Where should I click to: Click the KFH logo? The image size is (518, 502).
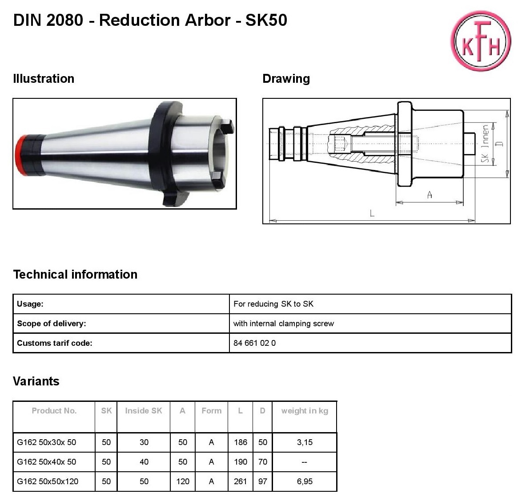coord(481,40)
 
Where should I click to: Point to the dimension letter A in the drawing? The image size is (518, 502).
coord(430,195)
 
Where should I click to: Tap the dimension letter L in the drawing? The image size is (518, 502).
coord(372,213)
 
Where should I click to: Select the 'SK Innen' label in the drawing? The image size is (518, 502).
coord(485,143)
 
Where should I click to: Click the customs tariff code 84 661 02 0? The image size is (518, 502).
coord(254,343)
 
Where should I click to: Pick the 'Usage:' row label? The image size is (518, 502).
coord(30,304)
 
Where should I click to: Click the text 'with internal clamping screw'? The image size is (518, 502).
coord(283,324)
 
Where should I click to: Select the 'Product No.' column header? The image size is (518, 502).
coord(54,411)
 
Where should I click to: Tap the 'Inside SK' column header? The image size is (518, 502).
coord(144,411)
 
